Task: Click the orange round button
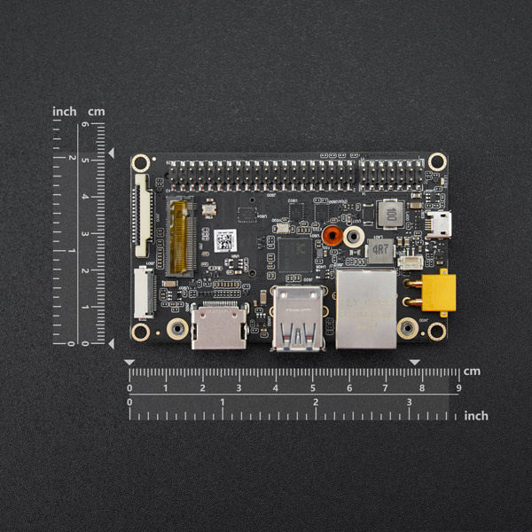click(332, 236)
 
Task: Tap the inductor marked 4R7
click(380, 251)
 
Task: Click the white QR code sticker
click(225, 239)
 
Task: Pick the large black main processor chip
click(294, 254)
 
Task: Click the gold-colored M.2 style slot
click(181, 235)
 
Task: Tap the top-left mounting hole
click(140, 163)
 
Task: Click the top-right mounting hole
click(436, 161)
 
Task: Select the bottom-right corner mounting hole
click(436, 332)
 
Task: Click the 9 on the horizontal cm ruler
click(458, 387)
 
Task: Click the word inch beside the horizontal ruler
click(476, 415)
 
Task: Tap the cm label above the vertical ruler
click(96, 112)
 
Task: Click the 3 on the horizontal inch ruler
click(409, 403)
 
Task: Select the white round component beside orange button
click(354, 236)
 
